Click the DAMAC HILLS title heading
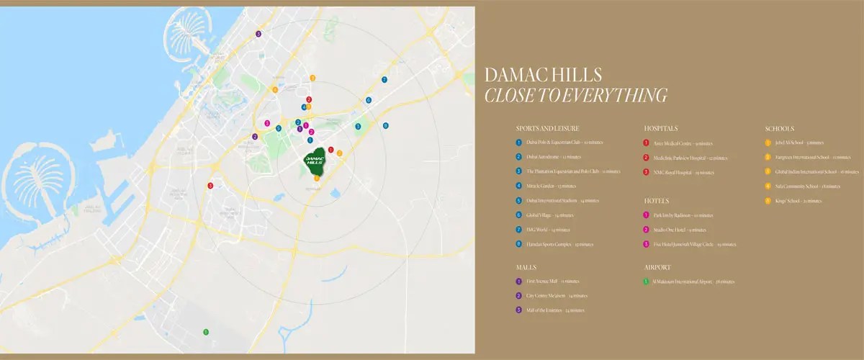[x=544, y=75]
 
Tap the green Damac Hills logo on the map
[x=314, y=161]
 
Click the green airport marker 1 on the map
[x=206, y=332]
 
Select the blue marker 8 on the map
[x=386, y=125]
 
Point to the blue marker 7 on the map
[x=384, y=80]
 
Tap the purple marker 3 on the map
[x=258, y=34]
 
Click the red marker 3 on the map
[x=210, y=186]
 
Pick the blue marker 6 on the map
[x=369, y=100]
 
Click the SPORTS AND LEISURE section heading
[x=547, y=128]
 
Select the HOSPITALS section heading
[x=660, y=128]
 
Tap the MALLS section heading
[x=527, y=266]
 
